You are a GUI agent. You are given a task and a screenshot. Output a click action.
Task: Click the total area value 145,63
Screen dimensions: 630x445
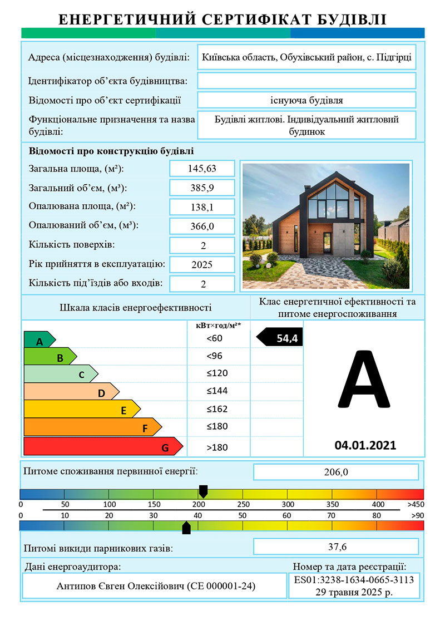[x=202, y=169]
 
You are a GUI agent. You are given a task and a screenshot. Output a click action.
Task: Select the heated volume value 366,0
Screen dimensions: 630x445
[x=202, y=226]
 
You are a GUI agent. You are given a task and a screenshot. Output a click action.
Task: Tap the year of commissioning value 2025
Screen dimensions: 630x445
[x=202, y=264]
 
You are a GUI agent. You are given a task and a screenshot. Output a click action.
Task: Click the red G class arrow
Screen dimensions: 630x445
[x=103, y=447]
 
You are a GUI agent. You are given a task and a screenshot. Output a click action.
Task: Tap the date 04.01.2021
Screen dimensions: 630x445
[x=365, y=445]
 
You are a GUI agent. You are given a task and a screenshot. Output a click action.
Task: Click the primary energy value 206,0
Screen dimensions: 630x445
[x=335, y=472]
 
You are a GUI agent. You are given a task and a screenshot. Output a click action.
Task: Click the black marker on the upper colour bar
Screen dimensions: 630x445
[x=203, y=491]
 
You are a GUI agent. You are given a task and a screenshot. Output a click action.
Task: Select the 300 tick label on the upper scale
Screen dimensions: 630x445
[x=287, y=504]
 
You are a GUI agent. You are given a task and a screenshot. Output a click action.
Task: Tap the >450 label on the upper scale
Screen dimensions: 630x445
[x=415, y=504]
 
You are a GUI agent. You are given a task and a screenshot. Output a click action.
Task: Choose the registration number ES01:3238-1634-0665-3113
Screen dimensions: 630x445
[x=353, y=579]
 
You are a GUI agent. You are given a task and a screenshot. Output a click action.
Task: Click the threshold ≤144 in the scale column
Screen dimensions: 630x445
[x=217, y=391]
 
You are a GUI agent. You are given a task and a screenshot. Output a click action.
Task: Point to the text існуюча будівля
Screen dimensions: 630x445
[x=306, y=101]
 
